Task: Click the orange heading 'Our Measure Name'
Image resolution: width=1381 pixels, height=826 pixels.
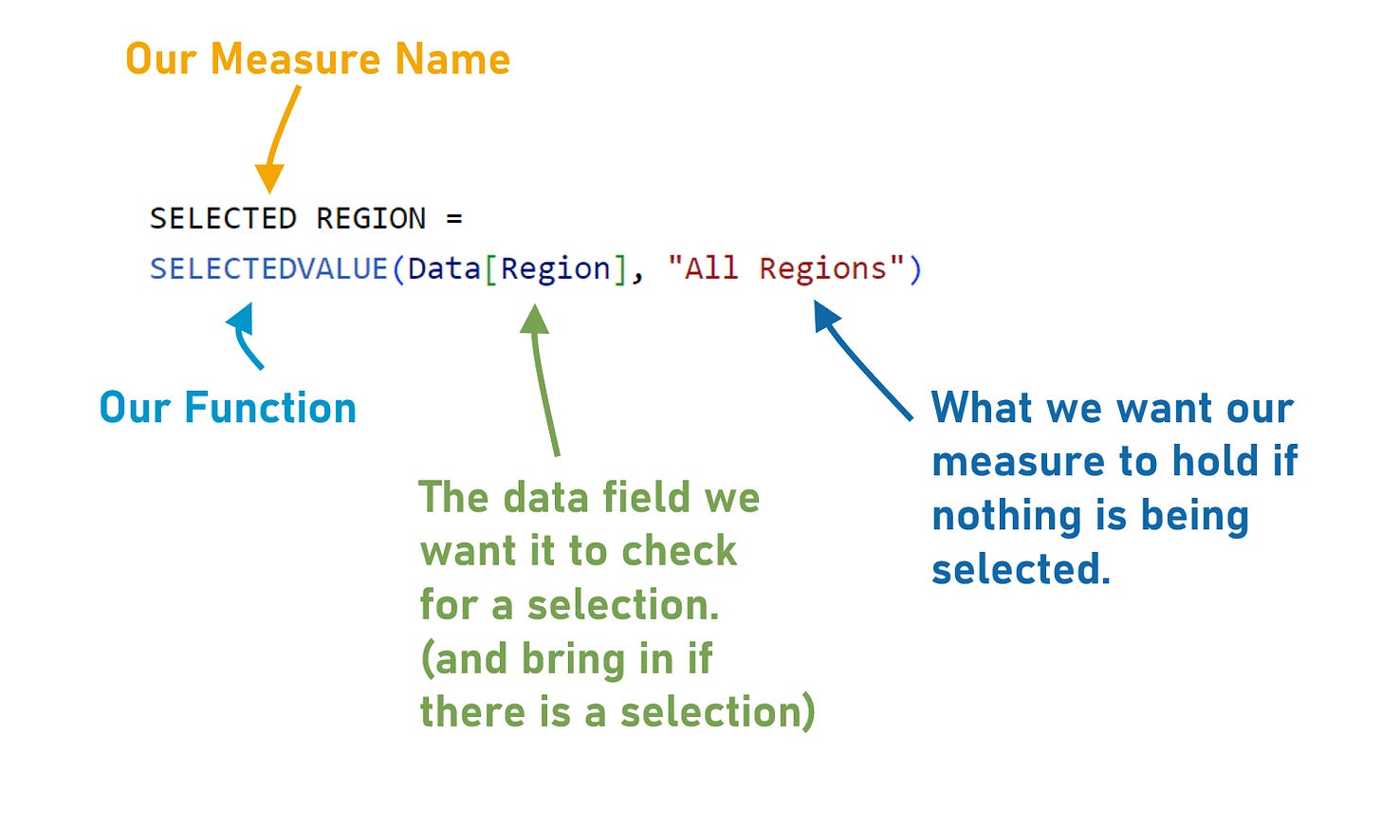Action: (318, 59)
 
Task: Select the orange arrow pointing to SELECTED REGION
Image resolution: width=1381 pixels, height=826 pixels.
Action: (281, 138)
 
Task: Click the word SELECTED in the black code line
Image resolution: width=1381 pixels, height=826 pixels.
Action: (223, 219)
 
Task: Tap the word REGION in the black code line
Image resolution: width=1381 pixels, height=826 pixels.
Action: (371, 219)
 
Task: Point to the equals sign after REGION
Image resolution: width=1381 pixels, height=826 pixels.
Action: (454, 219)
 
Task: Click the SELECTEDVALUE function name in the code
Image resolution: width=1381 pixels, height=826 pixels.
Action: (268, 269)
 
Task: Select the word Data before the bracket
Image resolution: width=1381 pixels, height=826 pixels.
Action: (444, 269)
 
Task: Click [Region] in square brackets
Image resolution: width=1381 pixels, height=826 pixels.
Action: (556, 269)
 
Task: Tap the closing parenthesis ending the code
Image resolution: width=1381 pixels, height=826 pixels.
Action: (915, 269)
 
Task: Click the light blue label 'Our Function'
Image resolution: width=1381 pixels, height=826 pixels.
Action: (228, 409)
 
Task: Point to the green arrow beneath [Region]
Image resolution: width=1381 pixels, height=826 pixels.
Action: (543, 379)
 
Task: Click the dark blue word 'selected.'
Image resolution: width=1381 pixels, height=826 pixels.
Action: (1021, 570)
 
